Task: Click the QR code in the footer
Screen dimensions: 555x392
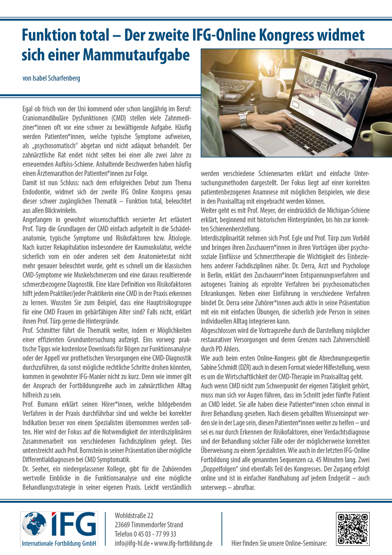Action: (353, 529)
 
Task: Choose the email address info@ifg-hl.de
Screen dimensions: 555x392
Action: (132, 543)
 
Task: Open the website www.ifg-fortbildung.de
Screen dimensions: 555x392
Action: (183, 543)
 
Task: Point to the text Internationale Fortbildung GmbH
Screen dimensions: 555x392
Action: (59, 543)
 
